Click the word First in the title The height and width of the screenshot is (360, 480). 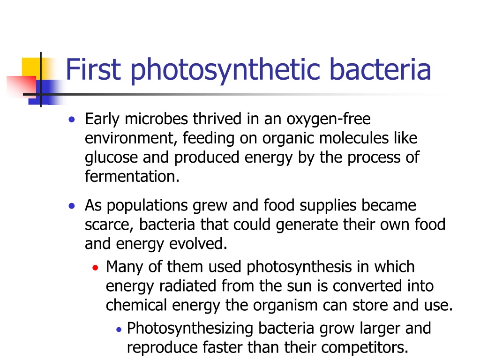point(93,69)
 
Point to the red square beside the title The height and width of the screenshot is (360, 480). point(22,87)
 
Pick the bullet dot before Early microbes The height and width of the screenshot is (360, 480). point(72,120)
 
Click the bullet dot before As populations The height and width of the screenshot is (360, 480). point(72,206)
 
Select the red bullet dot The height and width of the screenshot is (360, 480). point(95,268)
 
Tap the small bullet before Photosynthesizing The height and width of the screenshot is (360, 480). point(119,330)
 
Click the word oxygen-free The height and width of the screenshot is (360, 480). point(329,120)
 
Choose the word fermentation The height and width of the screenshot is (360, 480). point(132,176)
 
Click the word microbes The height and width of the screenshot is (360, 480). point(156,119)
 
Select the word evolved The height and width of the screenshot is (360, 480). point(198,244)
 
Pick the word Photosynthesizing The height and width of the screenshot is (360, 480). point(190,329)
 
